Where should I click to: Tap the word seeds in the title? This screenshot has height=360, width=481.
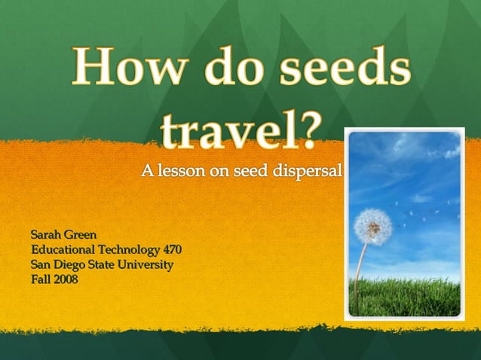coord(346,68)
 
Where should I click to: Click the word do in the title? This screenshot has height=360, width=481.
coord(232,68)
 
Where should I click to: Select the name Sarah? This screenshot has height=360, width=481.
coord(45,235)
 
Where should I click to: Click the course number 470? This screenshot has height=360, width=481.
coord(172,249)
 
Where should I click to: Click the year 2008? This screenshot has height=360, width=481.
coord(66,279)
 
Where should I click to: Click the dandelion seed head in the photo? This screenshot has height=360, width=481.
coord(373,225)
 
